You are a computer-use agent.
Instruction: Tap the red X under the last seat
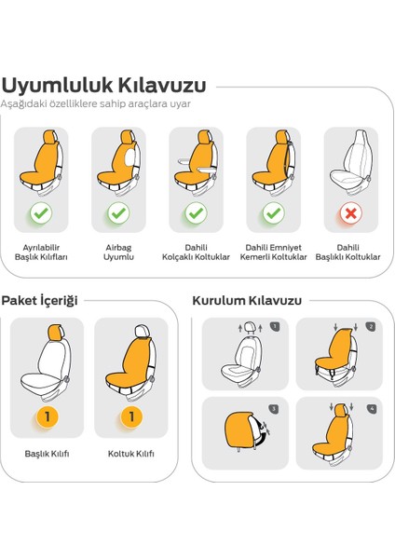(x=350, y=213)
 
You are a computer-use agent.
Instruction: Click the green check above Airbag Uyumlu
(x=118, y=213)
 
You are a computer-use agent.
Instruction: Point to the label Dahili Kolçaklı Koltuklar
(x=196, y=252)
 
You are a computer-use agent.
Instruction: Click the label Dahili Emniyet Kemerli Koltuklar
(x=273, y=252)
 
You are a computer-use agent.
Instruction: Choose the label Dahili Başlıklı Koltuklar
(x=350, y=252)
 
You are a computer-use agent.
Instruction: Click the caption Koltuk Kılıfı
(x=131, y=454)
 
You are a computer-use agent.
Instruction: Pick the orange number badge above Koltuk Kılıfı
(x=131, y=416)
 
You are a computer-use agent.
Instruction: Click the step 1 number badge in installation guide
(x=275, y=327)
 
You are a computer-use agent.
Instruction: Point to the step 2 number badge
(x=370, y=327)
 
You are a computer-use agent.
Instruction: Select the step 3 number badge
(x=273, y=408)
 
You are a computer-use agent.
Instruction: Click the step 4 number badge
(x=371, y=408)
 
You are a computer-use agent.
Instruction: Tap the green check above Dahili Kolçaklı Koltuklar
(x=196, y=213)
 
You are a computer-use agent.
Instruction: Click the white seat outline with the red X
(x=349, y=163)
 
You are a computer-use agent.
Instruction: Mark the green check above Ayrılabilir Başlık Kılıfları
(x=41, y=213)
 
